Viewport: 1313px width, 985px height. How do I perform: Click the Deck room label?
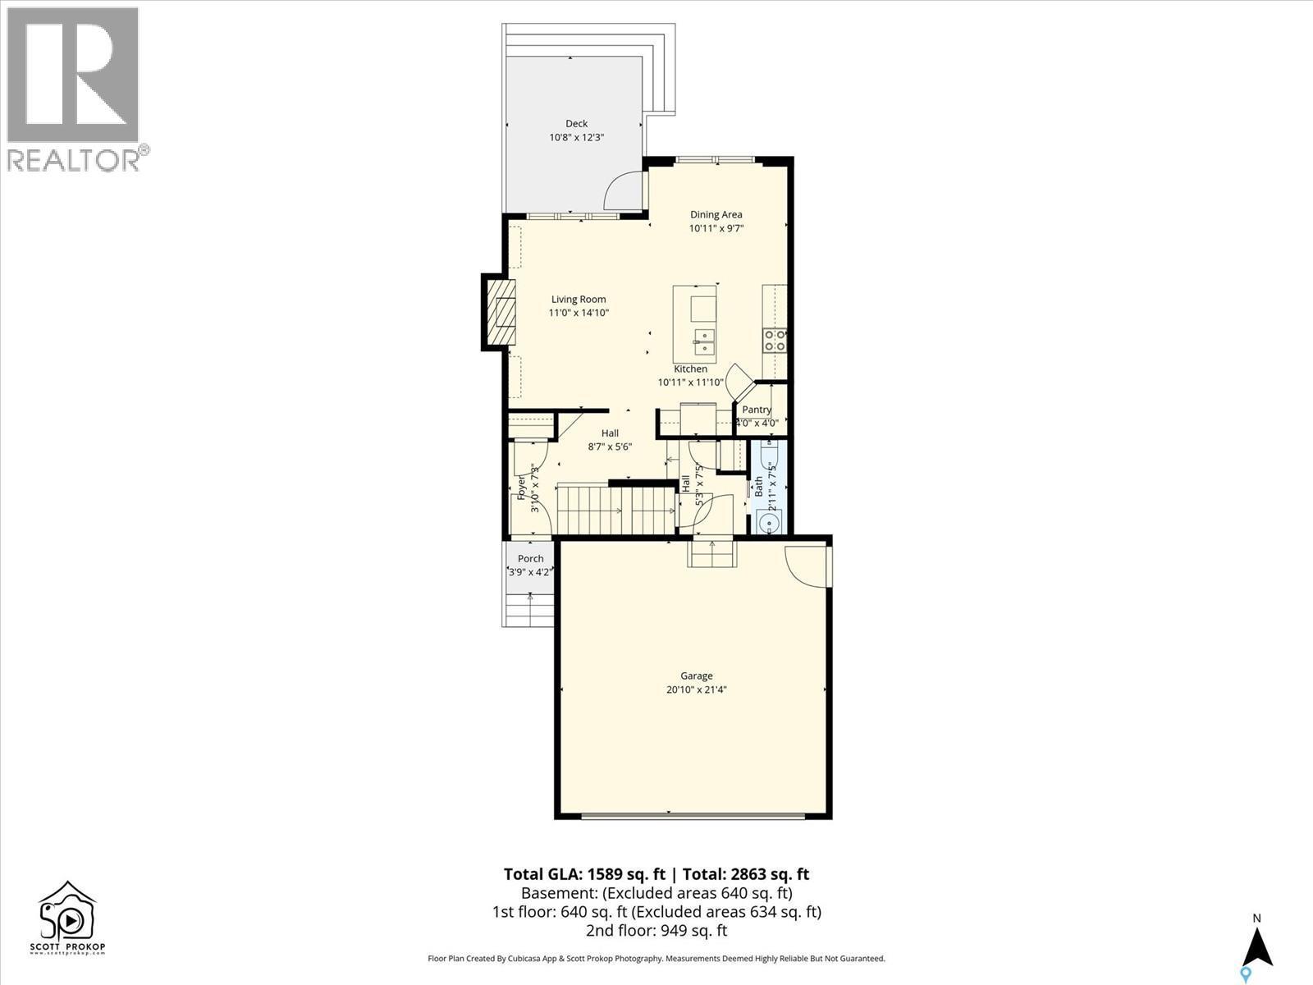click(576, 123)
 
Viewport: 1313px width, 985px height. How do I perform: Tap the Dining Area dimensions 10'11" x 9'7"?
click(716, 229)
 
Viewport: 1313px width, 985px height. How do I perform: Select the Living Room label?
click(579, 300)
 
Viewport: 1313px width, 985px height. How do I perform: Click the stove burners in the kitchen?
click(775, 340)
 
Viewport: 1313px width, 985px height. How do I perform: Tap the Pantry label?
click(757, 410)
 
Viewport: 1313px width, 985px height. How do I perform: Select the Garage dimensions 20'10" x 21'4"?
click(696, 690)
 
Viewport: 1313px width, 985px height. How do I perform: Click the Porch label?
click(530, 559)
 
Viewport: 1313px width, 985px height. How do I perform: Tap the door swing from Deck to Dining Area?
click(623, 192)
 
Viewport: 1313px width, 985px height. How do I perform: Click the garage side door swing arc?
click(806, 566)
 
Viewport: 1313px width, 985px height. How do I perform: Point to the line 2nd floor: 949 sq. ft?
click(656, 930)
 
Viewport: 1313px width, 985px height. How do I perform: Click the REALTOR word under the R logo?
click(74, 160)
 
